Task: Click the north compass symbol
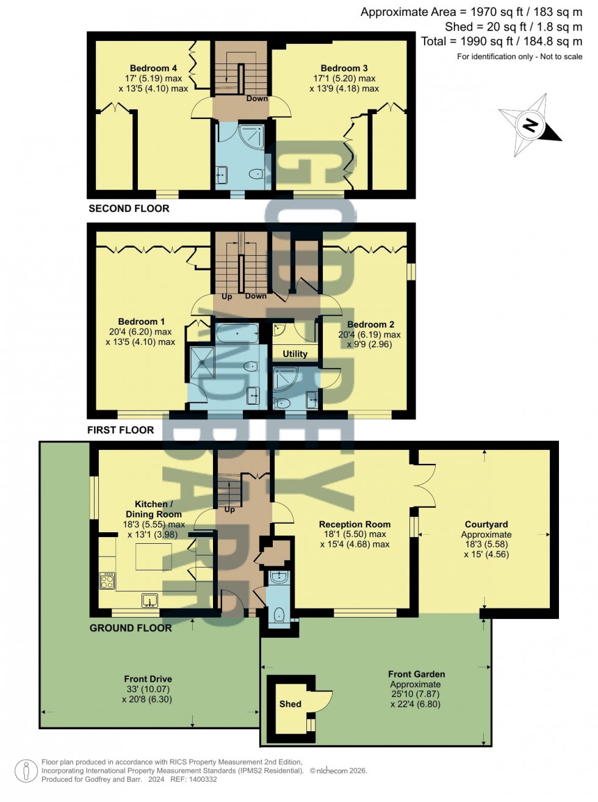coord(529,126)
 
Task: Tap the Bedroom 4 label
coord(153,68)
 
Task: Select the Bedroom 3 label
coord(344,68)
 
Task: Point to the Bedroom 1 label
coord(141,322)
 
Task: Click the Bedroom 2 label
coord(370,325)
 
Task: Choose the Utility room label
coord(295,354)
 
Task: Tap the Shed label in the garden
coord(290,704)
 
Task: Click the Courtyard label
coord(486,524)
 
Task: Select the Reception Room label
coord(355,524)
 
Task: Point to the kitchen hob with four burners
coord(107,580)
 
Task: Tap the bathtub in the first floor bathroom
coord(237,334)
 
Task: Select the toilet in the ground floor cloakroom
coord(279,614)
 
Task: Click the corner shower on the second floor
coord(251,136)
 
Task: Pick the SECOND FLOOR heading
coord(129,209)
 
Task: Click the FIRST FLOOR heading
coord(120,430)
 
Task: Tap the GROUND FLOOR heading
coord(131,628)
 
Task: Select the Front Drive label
coord(148,679)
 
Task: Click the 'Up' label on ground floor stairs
coord(229,510)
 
